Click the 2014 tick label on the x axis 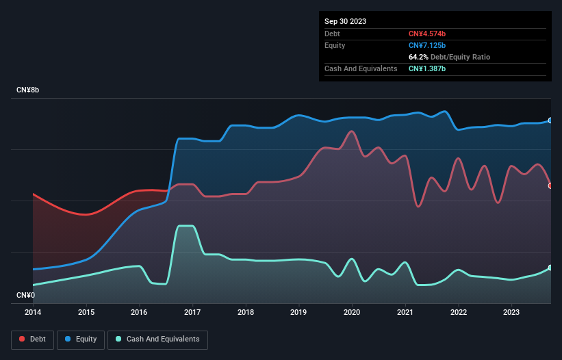33,312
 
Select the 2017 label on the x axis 192,312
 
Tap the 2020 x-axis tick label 352,312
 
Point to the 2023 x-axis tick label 511,312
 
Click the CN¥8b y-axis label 29,90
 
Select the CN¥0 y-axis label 26,296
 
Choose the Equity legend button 81,339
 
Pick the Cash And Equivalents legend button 157,339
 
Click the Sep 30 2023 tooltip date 345,21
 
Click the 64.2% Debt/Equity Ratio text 449,57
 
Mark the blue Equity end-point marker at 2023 550,120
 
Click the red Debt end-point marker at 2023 550,185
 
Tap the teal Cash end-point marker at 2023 550,268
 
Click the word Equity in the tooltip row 335,45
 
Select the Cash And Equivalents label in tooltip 361,68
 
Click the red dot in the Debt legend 23,339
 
